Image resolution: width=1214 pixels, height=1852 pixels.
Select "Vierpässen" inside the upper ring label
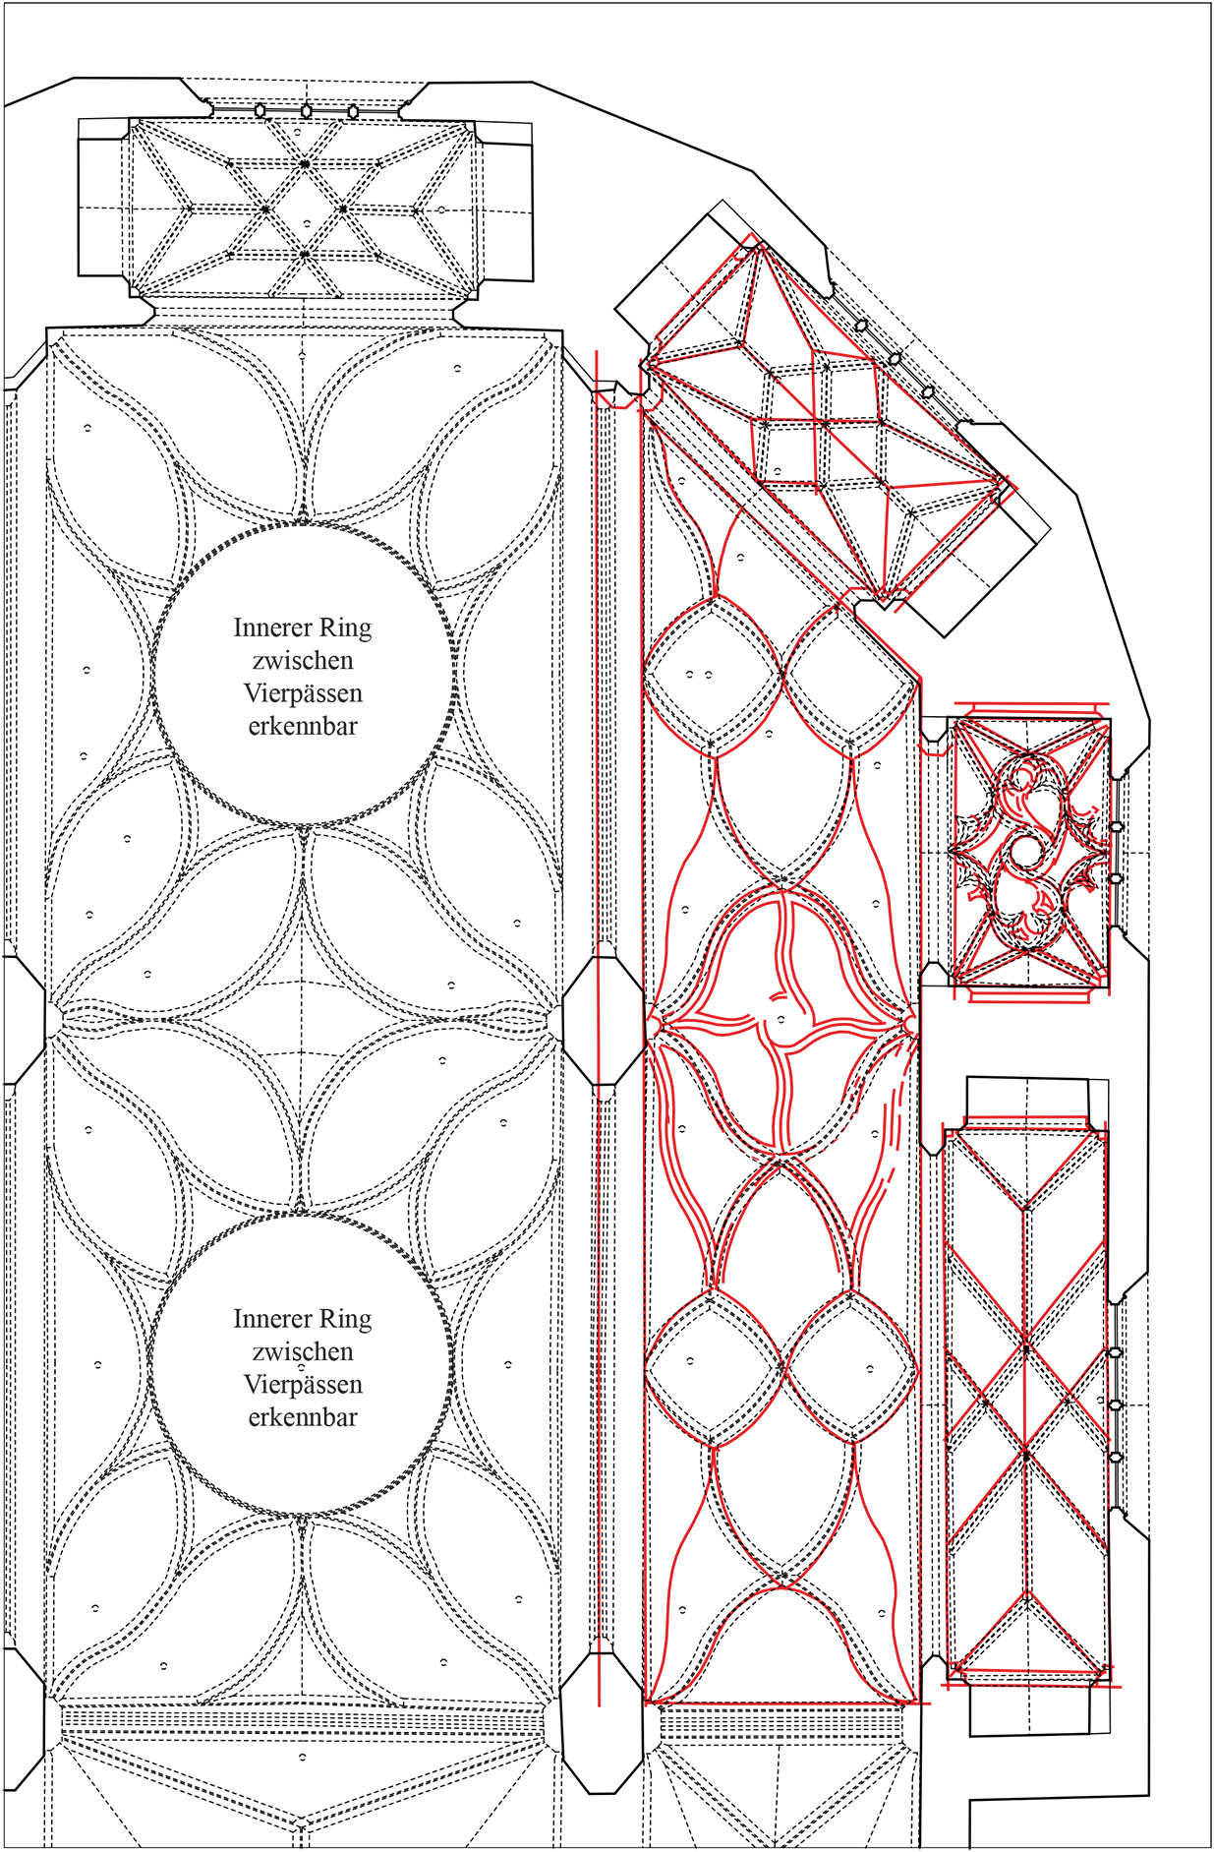(303, 693)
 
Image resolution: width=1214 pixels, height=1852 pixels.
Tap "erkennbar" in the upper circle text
(303, 727)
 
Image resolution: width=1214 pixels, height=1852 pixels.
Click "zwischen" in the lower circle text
(303, 1351)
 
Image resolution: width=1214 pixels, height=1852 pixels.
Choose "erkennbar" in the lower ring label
(303, 1417)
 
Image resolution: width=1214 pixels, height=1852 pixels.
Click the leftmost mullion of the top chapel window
(260, 111)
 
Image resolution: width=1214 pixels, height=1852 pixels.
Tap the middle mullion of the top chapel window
(307, 111)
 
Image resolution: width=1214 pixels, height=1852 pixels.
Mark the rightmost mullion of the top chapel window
(353, 111)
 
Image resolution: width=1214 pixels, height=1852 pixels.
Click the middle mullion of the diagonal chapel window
(895, 359)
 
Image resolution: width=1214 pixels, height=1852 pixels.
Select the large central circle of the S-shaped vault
(1025, 852)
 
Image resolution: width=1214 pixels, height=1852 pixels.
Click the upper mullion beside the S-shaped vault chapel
(1117, 827)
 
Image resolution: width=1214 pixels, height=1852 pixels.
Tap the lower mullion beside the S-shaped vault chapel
(1117, 878)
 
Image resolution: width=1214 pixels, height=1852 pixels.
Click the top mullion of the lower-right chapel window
(1115, 1353)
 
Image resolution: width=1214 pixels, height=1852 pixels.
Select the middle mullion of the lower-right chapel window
(1115, 1404)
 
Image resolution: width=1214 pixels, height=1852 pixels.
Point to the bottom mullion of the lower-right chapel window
(1115, 1457)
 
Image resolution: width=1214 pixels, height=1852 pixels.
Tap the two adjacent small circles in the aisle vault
(699, 676)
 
